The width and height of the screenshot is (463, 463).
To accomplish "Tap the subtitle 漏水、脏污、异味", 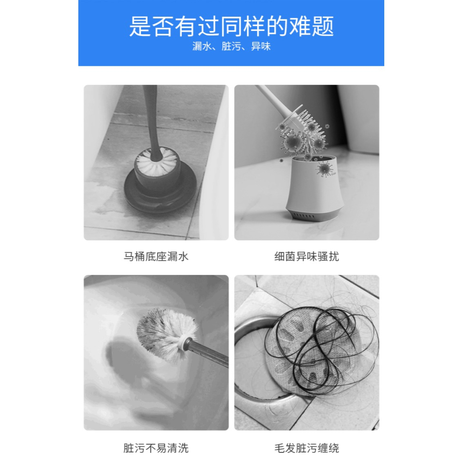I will [x=231, y=47].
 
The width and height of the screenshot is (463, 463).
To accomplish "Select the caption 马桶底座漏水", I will [x=156, y=257].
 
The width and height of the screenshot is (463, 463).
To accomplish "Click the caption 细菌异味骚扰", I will [x=307, y=257].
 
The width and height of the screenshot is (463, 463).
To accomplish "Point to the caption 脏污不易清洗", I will [x=156, y=448].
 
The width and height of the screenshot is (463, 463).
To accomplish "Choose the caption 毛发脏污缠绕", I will [x=307, y=448].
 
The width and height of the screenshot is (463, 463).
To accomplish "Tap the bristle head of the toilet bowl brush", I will [x=164, y=331].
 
